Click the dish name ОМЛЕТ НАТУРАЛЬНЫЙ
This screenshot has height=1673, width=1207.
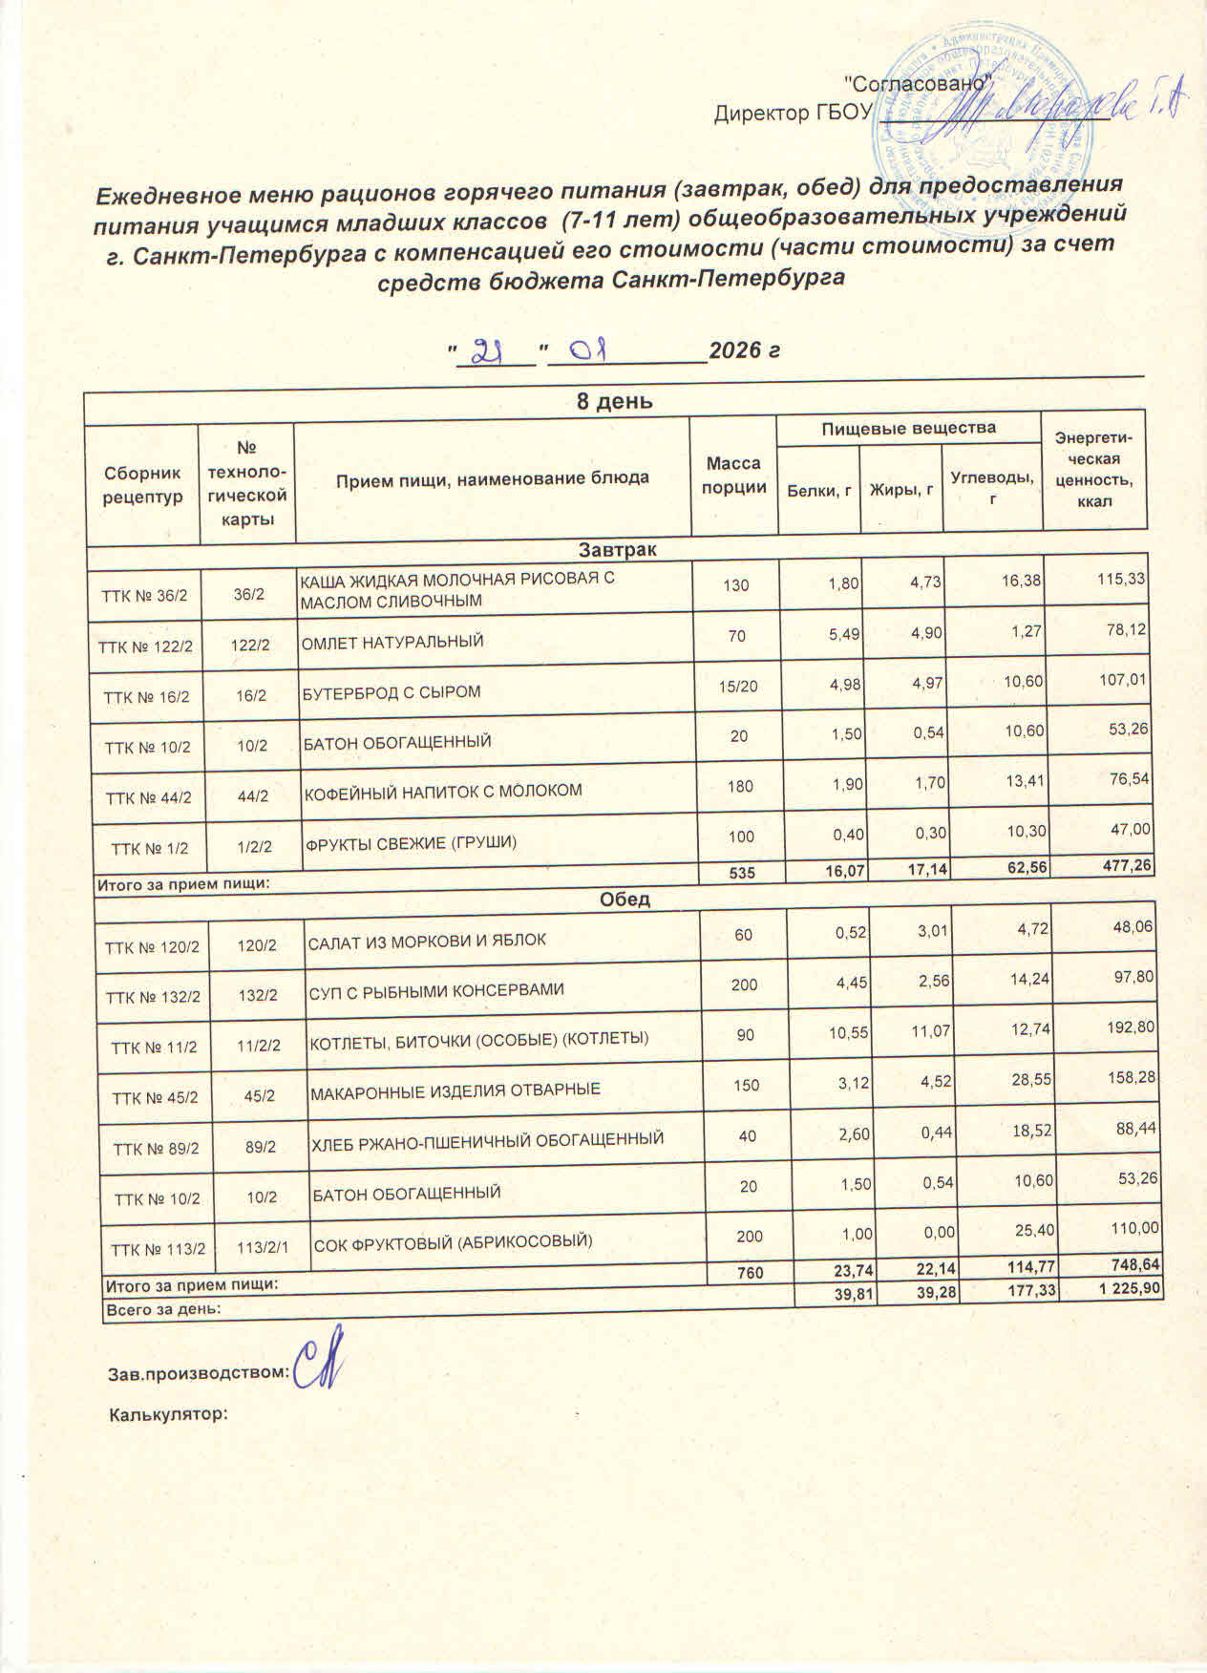(x=392, y=643)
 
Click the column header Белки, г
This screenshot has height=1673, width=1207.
(x=818, y=491)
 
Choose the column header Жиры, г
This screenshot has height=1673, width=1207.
(x=900, y=491)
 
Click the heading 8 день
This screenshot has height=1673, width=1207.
(x=614, y=401)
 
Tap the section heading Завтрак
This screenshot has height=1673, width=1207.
(x=617, y=550)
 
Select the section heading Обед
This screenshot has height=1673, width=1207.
(x=626, y=900)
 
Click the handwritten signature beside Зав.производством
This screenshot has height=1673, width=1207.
(x=318, y=1368)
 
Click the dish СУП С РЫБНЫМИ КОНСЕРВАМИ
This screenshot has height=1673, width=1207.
(x=435, y=990)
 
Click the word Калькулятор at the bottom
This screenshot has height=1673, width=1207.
(x=169, y=1414)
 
